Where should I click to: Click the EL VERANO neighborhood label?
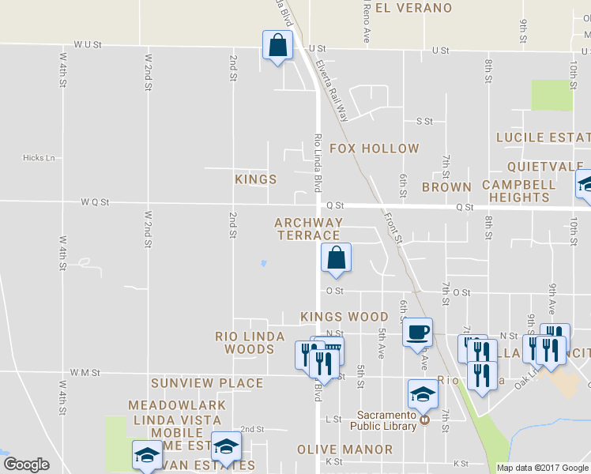click(413, 9)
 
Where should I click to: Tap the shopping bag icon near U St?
click(277, 46)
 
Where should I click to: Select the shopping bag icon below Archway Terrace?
click(336, 258)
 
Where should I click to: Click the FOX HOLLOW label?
click(374, 149)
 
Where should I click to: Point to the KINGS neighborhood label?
click(256, 179)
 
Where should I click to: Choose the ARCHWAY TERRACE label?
click(308, 229)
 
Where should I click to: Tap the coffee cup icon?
click(418, 331)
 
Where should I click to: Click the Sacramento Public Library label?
click(386, 420)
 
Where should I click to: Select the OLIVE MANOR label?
click(344, 450)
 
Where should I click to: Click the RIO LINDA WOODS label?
click(250, 343)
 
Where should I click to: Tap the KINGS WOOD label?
click(344, 317)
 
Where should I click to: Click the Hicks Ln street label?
click(39, 158)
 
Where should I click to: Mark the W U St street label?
click(88, 46)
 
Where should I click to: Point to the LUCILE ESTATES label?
click(543, 137)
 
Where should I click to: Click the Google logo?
click(26, 465)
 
